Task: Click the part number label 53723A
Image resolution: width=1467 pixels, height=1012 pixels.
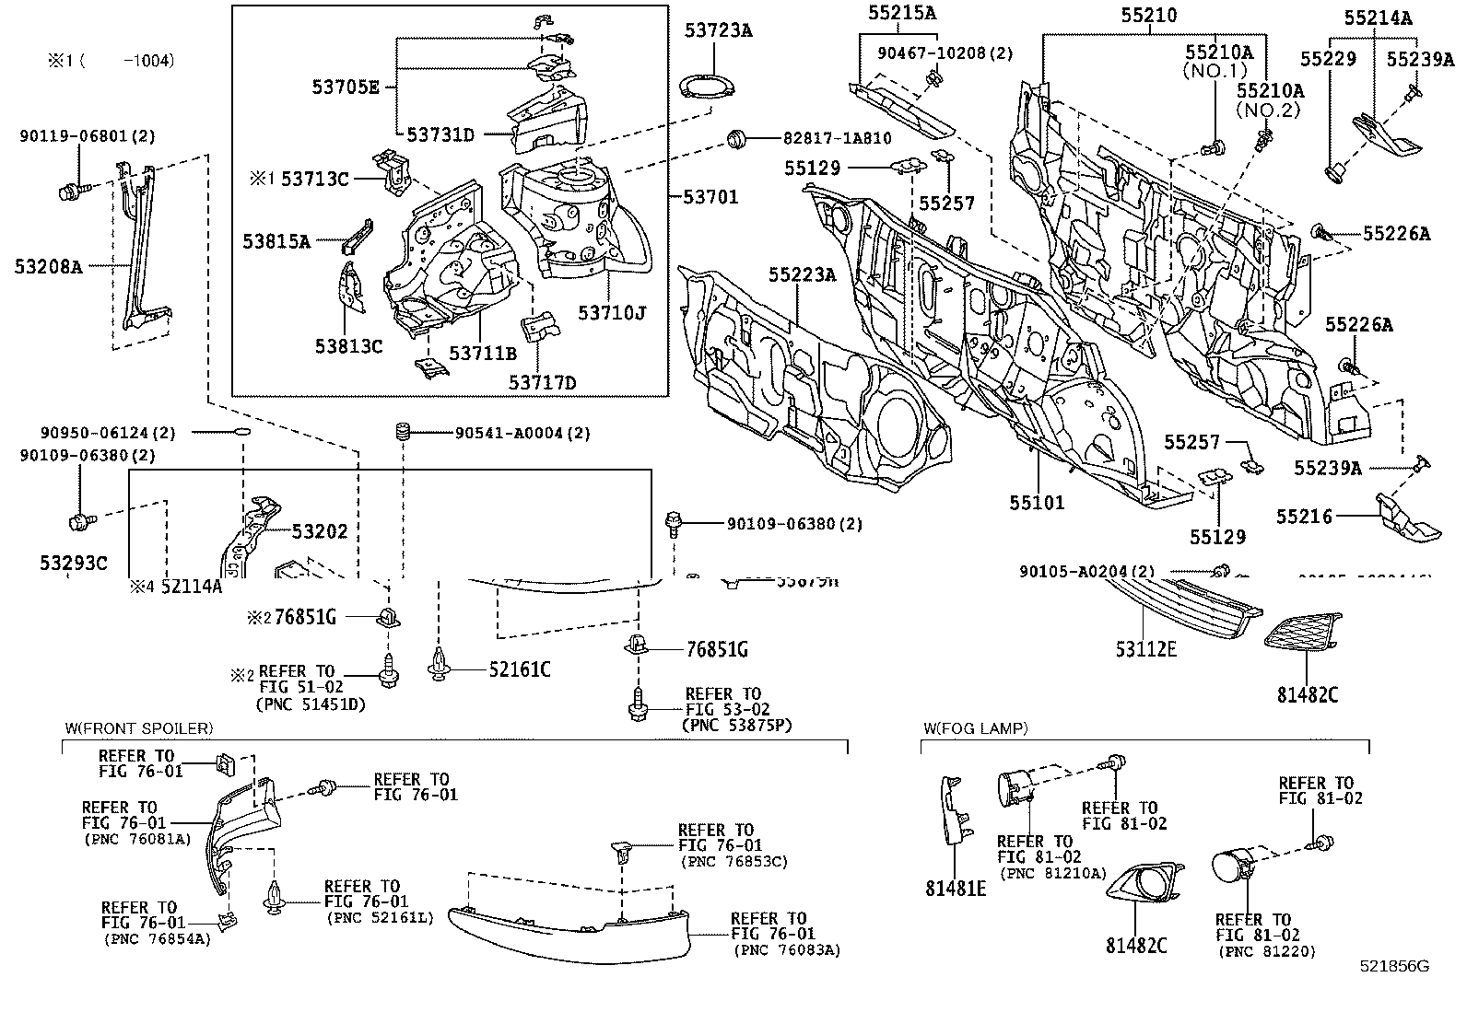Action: tap(718, 30)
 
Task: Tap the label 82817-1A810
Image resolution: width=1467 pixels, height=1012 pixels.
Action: tap(837, 138)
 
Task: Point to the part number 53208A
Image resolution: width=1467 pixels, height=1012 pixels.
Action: tap(48, 267)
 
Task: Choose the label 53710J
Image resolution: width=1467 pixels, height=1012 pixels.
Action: tap(611, 313)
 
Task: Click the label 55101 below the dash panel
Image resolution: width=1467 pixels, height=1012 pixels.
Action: tap(1037, 503)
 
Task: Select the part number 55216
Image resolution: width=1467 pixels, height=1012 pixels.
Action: tap(1304, 517)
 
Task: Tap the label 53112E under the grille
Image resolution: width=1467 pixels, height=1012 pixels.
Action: tap(1146, 649)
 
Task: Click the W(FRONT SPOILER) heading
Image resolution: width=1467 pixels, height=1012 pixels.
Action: tap(138, 728)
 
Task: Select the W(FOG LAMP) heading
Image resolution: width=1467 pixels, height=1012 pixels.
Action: tap(975, 728)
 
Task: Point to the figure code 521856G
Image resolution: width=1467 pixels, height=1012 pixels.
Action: tap(1394, 967)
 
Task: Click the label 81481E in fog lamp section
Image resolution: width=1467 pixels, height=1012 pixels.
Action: tap(956, 889)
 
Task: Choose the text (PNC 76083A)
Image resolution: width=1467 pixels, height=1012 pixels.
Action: tap(787, 950)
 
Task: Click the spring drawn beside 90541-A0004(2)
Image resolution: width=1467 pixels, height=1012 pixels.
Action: tap(402, 432)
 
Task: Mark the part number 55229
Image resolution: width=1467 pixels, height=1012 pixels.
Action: tap(1328, 59)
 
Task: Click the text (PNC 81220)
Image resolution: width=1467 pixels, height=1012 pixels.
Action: tap(1265, 951)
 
